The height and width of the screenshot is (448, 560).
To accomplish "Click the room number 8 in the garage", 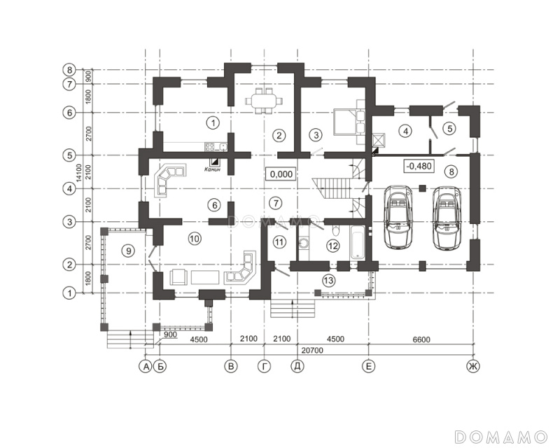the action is [451, 171].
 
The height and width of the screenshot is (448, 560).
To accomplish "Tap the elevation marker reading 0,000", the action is [281, 174].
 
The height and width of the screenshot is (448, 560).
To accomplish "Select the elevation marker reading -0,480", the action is [419, 166].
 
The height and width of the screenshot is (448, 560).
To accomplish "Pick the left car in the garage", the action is [397, 217].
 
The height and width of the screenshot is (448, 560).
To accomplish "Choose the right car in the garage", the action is [446, 217].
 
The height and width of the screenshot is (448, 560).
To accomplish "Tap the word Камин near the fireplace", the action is [213, 169].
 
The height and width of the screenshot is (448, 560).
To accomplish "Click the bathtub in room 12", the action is [358, 242].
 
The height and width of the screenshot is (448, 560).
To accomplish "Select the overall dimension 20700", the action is [312, 351].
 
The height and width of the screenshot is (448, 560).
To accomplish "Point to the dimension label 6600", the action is [421, 339].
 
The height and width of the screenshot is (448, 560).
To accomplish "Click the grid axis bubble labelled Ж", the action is [474, 366].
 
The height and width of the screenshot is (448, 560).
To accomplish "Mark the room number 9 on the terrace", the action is [128, 251].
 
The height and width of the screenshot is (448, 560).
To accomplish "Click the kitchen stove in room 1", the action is [211, 147].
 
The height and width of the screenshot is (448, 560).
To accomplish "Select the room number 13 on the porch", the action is [328, 280].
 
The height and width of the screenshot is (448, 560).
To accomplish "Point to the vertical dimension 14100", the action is [79, 173].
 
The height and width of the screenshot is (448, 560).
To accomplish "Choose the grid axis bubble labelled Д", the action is [297, 366].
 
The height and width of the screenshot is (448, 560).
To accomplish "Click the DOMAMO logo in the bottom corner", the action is [501, 437].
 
